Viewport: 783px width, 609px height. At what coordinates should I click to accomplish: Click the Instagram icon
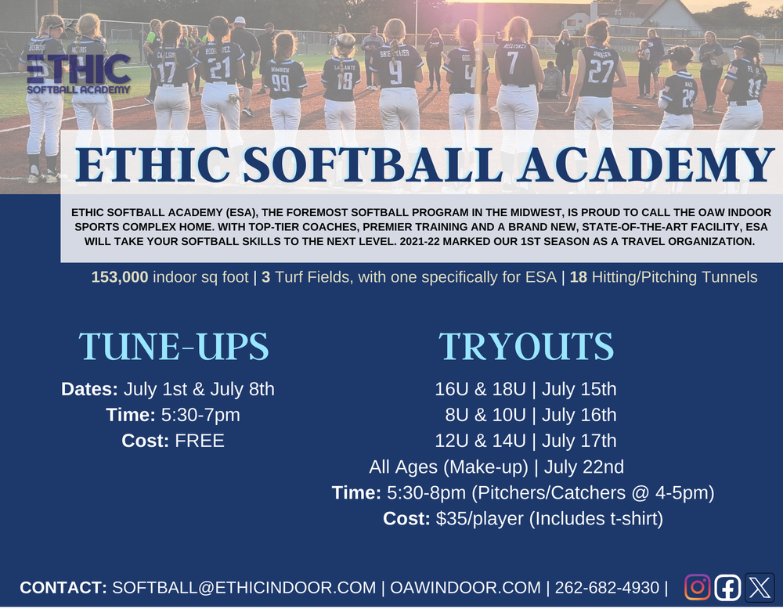click(698, 587)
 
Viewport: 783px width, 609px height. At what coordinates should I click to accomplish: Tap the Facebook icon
click(728, 587)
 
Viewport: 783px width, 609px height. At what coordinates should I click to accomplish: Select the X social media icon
click(759, 587)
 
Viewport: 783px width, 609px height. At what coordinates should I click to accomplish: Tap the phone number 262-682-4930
click(608, 587)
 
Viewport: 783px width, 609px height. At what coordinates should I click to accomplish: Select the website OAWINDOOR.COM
click(465, 587)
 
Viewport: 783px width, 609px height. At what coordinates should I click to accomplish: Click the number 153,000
click(120, 277)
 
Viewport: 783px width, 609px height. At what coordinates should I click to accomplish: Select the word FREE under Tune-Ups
click(200, 441)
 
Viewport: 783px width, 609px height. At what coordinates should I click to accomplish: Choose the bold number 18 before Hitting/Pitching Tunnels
click(579, 277)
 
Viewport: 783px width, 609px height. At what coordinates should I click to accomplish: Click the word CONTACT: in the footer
click(63, 587)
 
